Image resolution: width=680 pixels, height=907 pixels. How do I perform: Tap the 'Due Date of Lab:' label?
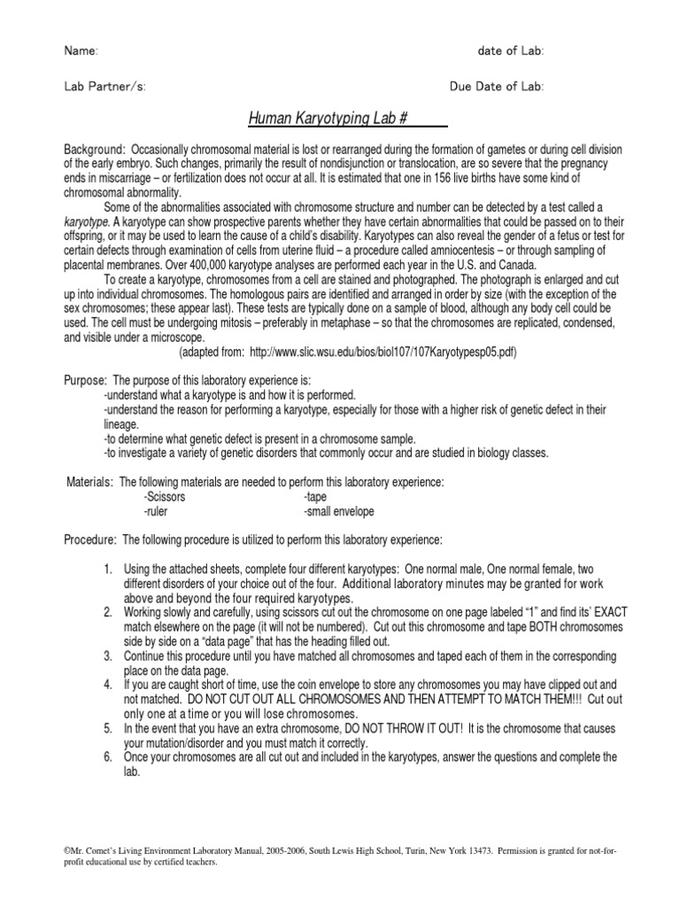click(x=497, y=87)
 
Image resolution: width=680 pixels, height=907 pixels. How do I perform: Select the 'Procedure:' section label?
click(x=91, y=539)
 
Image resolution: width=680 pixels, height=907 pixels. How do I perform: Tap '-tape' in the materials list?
click(x=314, y=497)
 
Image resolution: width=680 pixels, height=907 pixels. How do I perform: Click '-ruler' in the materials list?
click(x=156, y=512)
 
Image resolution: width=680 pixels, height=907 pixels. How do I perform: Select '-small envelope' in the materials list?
click(x=338, y=512)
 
